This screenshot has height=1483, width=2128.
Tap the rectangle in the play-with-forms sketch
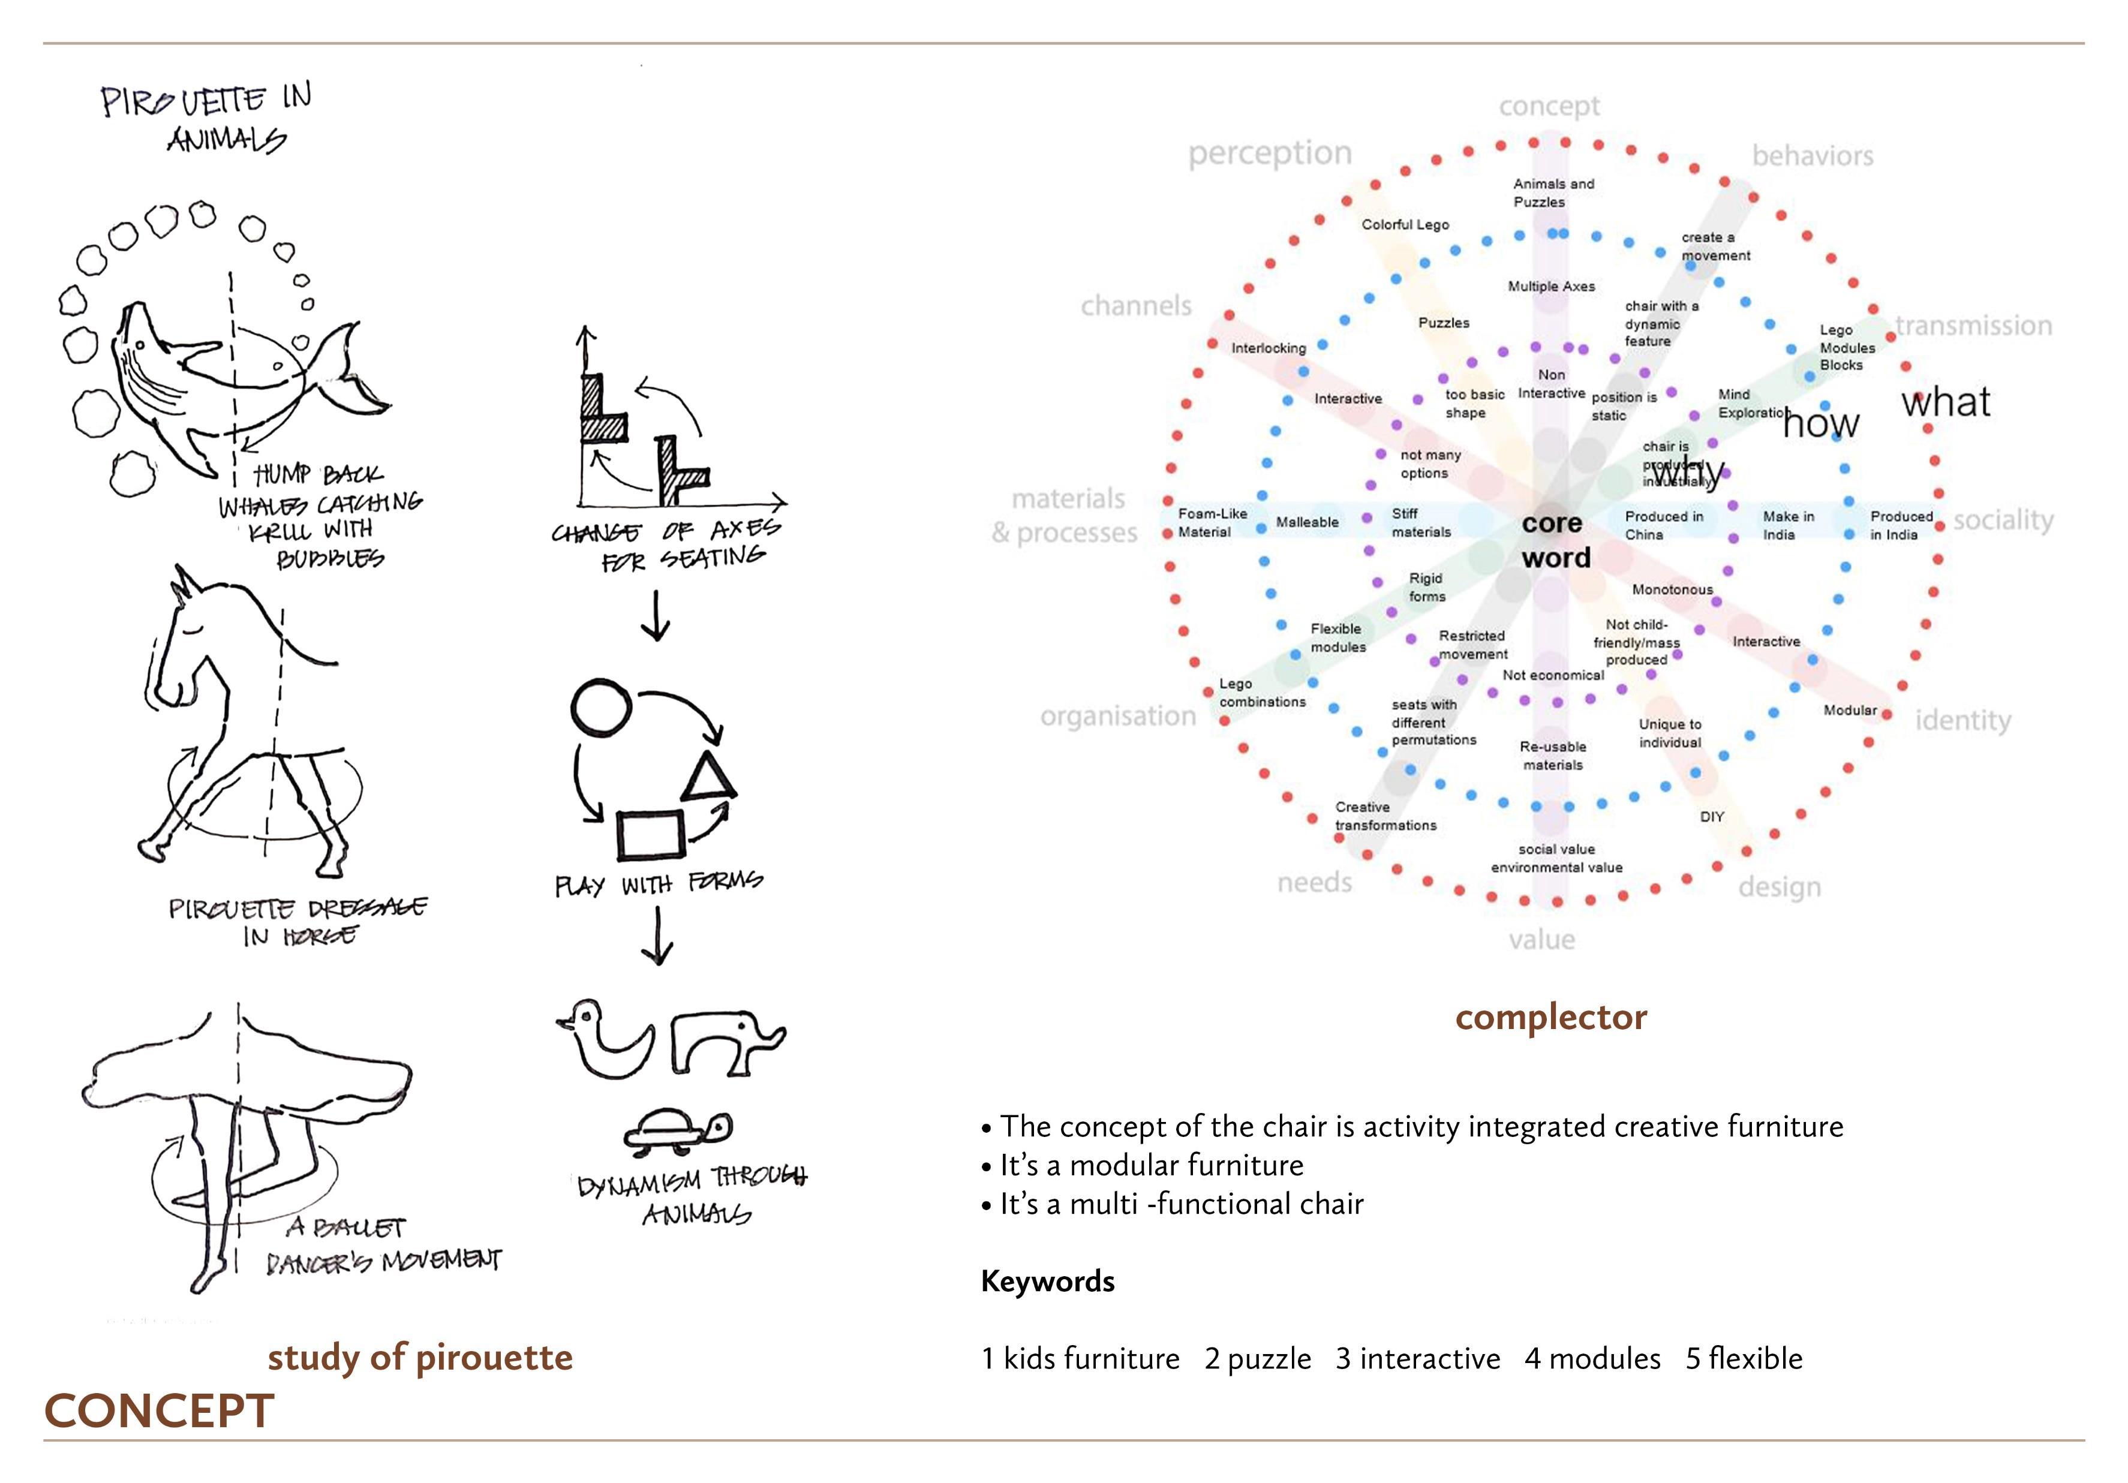(651, 834)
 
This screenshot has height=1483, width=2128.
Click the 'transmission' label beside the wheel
(1973, 326)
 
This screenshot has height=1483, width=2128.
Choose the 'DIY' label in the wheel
(1711, 817)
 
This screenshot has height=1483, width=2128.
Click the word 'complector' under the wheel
(1550, 1018)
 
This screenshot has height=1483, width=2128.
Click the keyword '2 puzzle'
(1258, 1359)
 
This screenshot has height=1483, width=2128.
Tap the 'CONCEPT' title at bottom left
(160, 1410)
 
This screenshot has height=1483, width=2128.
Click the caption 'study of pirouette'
(420, 1357)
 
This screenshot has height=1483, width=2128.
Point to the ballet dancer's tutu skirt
(250, 1066)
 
